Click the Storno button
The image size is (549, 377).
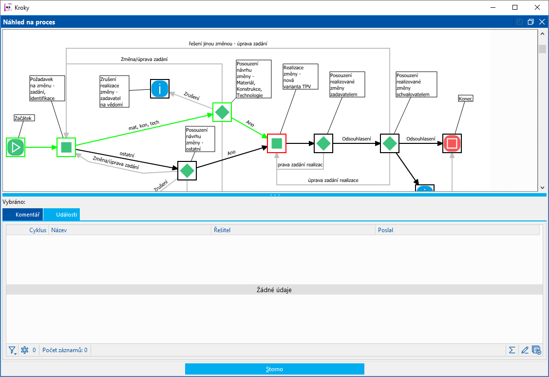(274, 369)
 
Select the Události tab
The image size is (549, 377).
(61, 215)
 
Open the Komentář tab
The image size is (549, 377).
(23, 215)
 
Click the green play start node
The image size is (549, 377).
(16, 147)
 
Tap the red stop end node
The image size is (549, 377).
(452, 143)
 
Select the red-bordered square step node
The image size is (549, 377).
(277, 143)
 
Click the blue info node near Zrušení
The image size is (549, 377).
(160, 89)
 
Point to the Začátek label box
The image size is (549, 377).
(25, 118)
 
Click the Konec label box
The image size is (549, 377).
(466, 99)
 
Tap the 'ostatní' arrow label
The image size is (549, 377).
(127, 155)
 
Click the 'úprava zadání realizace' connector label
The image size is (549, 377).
(333, 180)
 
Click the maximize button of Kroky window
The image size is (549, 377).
(515, 7)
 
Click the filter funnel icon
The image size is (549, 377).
(12, 350)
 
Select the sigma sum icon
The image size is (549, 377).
(512, 350)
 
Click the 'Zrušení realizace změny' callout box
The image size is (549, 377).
(114, 91)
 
